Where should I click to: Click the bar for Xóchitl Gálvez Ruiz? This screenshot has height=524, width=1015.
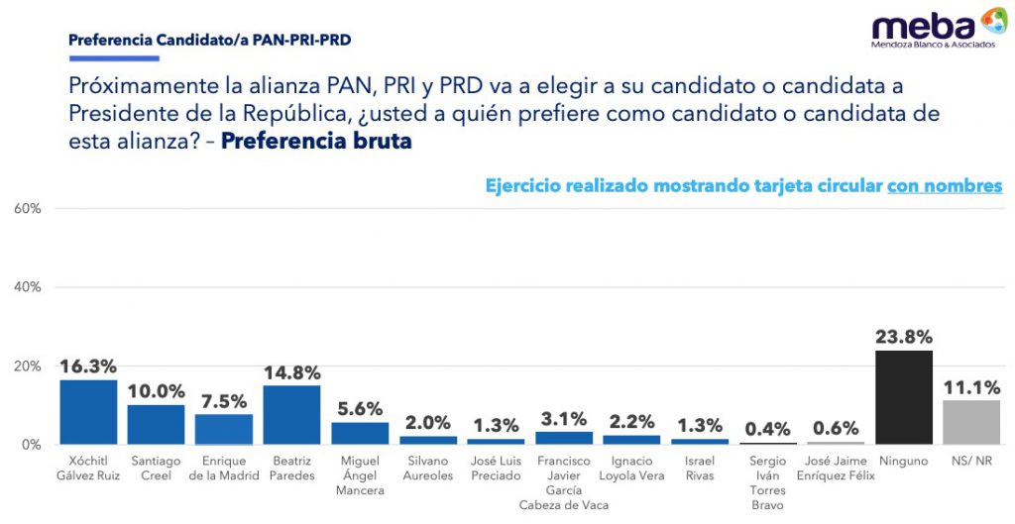point(88,411)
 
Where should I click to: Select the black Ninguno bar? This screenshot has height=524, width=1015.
point(904,397)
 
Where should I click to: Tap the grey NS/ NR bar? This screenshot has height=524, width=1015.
point(971,422)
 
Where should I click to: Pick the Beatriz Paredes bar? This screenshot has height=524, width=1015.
point(291,415)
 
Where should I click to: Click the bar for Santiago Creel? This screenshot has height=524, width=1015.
point(156,424)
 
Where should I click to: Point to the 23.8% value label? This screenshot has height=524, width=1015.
point(904,337)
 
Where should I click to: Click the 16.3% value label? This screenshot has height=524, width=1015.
point(88,367)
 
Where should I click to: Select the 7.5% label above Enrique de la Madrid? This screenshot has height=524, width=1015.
point(224,401)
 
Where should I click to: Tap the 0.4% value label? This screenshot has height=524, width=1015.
point(768,429)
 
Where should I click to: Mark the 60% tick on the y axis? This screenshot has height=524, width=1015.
point(27,208)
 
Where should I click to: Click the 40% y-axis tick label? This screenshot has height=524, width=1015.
point(27,287)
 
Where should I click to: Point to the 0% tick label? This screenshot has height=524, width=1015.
point(32,445)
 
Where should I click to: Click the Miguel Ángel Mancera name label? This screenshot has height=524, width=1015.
point(359,475)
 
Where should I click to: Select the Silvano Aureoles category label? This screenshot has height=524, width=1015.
point(428,469)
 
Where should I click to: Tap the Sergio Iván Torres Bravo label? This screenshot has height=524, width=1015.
point(768,482)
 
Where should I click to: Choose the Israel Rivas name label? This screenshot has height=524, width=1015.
point(700,469)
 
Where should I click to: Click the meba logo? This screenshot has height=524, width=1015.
point(939,27)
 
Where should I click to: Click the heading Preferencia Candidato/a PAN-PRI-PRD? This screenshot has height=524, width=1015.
point(210,40)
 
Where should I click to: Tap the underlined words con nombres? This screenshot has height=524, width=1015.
point(945,185)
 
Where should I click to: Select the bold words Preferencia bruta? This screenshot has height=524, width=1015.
point(316,141)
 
